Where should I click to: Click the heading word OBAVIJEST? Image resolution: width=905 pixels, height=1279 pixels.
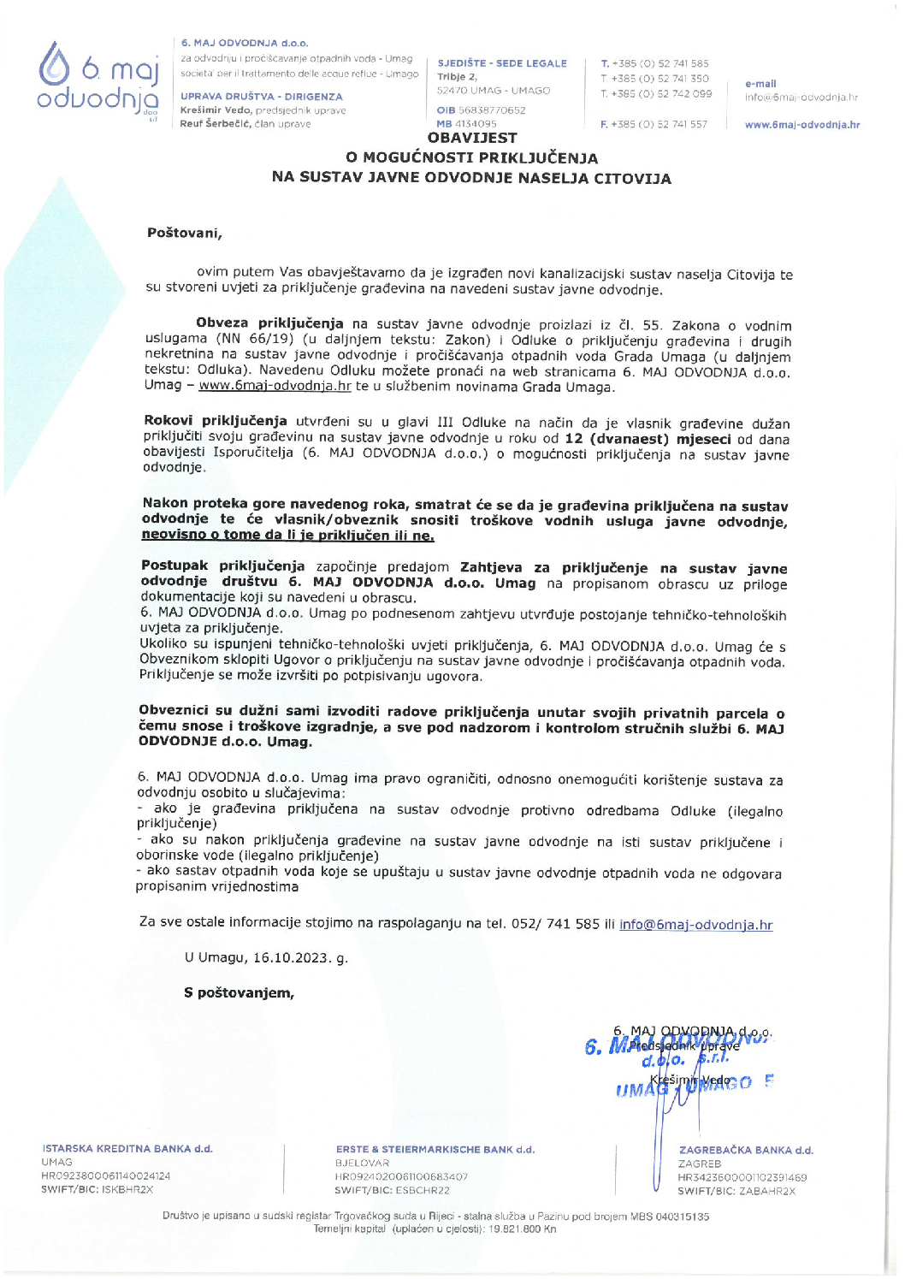(x=472, y=138)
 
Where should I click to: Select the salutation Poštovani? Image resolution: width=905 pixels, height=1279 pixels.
(x=184, y=233)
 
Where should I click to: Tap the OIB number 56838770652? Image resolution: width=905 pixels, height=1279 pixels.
(x=492, y=110)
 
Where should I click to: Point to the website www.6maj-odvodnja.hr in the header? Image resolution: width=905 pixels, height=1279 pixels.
(x=801, y=125)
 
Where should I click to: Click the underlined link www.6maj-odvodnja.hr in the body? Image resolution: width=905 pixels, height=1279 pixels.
(x=275, y=386)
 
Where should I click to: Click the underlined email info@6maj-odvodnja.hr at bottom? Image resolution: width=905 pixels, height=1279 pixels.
(x=695, y=925)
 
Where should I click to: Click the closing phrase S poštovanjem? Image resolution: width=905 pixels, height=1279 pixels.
(x=239, y=993)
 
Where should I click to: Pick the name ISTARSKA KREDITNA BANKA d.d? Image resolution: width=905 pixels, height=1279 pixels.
(x=127, y=1149)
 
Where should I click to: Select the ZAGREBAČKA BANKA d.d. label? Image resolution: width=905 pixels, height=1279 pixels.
(x=746, y=1151)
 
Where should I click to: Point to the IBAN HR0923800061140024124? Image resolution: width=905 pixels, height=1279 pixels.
(x=105, y=1176)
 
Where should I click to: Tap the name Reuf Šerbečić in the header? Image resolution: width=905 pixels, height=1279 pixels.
(x=214, y=125)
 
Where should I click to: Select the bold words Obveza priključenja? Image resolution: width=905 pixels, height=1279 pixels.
(x=269, y=323)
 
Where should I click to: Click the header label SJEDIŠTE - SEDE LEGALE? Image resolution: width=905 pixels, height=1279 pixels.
(x=502, y=63)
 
